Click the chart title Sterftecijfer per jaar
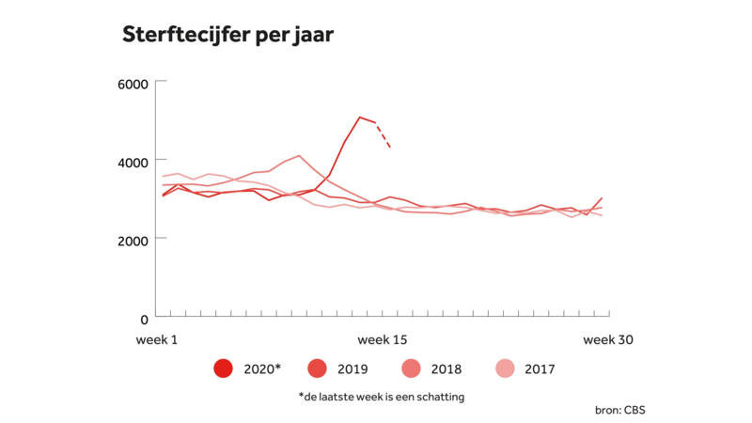tap(227, 35)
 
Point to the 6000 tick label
tap(133, 85)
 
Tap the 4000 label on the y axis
tap(133, 163)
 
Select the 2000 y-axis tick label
tap(133, 241)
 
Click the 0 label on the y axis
tap(145, 319)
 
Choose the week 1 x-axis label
tap(157, 339)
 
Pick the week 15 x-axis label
tap(383, 339)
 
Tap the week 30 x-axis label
tap(608, 339)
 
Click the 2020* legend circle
tap(224, 368)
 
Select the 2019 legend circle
tap(317, 368)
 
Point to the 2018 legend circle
tap(411, 368)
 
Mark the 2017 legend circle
tap(505, 368)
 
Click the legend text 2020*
tap(262, 368)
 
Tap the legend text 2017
tap(540, 368)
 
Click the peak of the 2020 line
tap(360, 117)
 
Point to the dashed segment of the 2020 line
tap(384, 135)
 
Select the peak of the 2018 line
tap(299, 155)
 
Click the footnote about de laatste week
tap(382, 397)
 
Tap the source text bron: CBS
tap(620, 410)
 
